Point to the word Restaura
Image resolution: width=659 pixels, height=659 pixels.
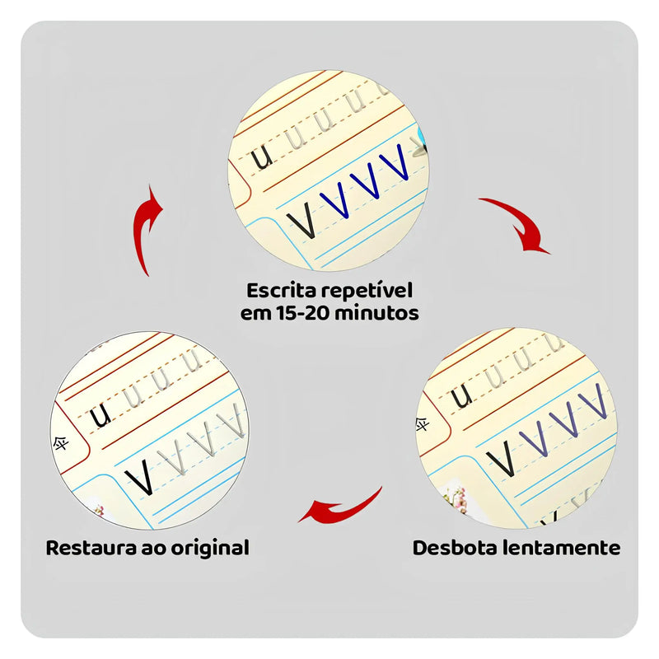pyautogui.click(x=91, y=548)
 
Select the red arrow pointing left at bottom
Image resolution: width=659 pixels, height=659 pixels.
pyautogui.click(x=339, y=507)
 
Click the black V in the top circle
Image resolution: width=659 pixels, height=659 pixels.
pyautogui.click(x=302, y=220)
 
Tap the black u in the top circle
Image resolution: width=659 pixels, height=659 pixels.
pyautogui.click(x=262, y=157)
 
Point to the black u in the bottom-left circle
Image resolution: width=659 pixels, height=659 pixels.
pyautogui.click(x=101, y=416)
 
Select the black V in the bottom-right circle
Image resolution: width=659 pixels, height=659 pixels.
pyautogui.click(x=500, y=458)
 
